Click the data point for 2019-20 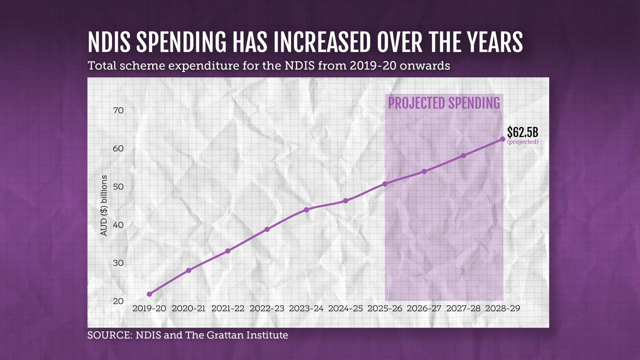tap(149, 294)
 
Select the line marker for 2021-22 tap(228, 251)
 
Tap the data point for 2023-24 tap(306, 209)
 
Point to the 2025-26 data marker tap(385, 184)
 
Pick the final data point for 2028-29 tap(502, 139)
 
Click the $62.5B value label tap(522, 132)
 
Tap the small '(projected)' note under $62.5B tap(522, 142)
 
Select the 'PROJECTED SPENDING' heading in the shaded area tap(444, 103)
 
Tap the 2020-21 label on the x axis tap(188, 309)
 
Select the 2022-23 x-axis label tap(267, 309)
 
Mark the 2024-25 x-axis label tap(345, 309)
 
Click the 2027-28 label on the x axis tap(463, 309)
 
